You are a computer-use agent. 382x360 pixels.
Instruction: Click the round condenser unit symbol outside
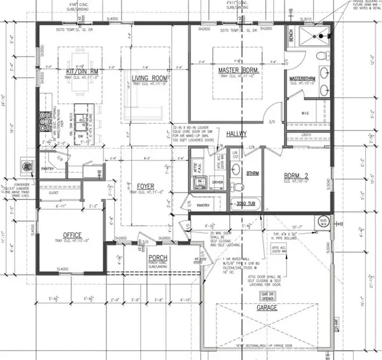[x=27, y=166]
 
